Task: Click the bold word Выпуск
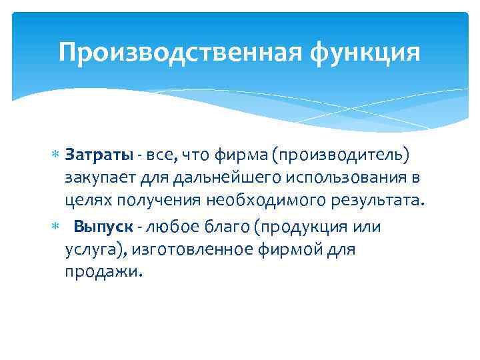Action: (x=103, y=227)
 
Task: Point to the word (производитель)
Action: (x=345, y=156)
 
